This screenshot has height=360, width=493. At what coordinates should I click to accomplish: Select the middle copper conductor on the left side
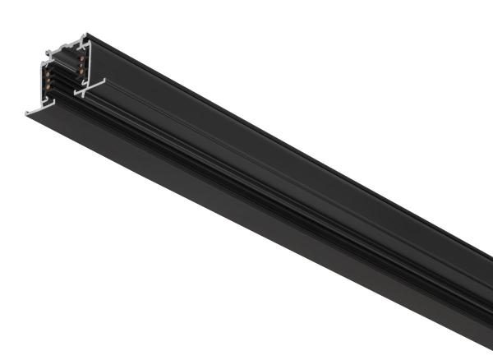click(48, 80)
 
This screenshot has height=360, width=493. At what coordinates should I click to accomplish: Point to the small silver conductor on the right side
click(81, 65)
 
